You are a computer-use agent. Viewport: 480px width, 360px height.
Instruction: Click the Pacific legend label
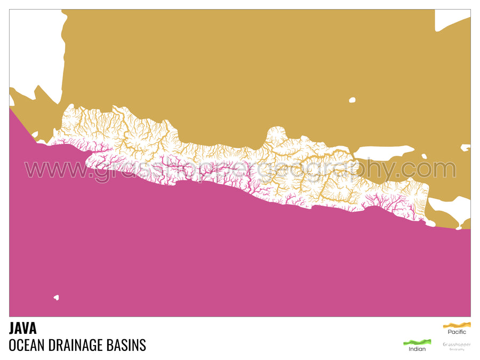[457, 332]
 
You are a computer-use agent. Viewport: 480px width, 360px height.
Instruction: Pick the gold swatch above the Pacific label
[457, 325]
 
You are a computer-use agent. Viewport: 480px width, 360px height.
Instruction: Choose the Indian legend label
[417, 349]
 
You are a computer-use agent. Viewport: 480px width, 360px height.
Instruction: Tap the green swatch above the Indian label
[417, 342]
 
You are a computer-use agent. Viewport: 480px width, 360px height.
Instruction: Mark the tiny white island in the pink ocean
[56, 298]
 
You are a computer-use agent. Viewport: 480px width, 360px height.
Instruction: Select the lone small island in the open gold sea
[352, 100]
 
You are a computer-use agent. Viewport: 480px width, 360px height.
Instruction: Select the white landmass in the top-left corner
[35, 48]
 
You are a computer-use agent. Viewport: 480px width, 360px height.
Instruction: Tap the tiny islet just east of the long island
[425, 156]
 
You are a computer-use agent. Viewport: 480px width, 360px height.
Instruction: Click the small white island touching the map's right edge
[466, 148]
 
